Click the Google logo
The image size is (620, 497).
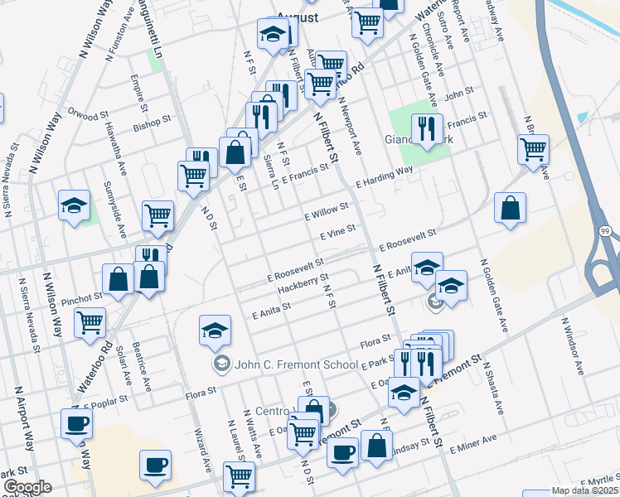[27, 487]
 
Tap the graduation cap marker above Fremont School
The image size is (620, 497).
[215, 331]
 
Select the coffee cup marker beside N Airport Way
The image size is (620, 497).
[76, 423]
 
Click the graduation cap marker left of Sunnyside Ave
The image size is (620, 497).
[74, 205]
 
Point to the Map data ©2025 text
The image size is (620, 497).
[584, 490]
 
